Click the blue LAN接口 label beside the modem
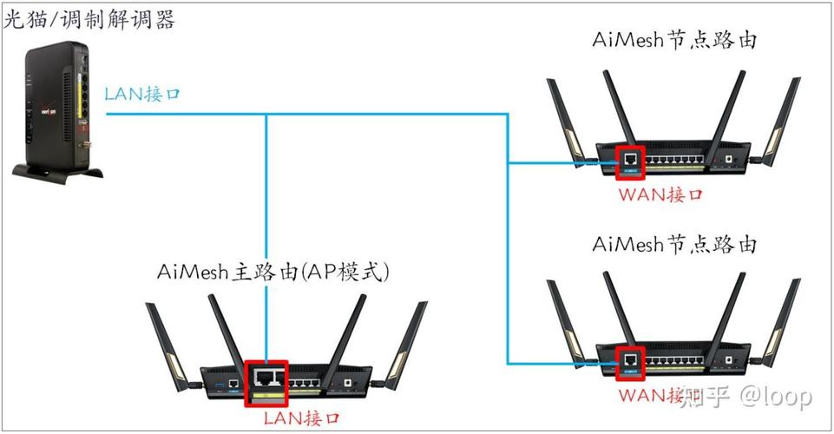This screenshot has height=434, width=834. [x=142, y=94]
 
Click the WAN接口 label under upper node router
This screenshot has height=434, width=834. [x=660, y=194]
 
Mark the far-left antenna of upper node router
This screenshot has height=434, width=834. [x=560, y=117]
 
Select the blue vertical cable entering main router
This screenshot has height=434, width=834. [x=266, y=243]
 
